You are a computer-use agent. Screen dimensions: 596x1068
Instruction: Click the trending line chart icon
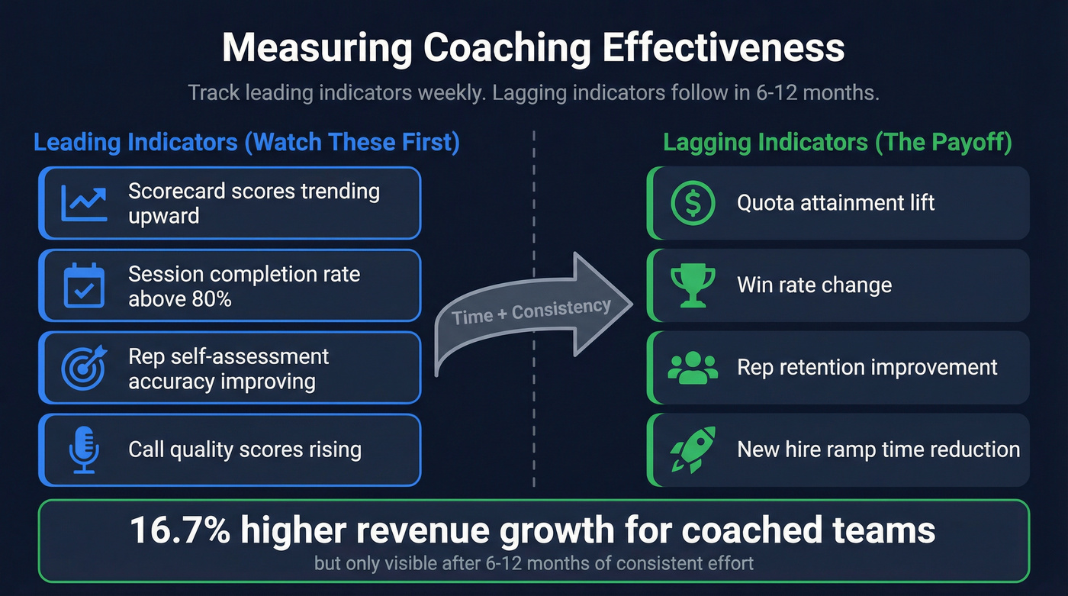[x=83, y=203]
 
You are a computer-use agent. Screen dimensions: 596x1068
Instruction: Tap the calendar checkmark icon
[x=83, y=285]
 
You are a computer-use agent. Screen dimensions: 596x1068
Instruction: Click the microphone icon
[x=83, y=449]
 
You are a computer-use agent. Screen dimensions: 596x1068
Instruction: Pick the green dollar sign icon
[x=693, y=203]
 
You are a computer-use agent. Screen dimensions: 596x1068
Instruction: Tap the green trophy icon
[x=693, y=285]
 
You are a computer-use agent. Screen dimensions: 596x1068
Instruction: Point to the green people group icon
[x=693, y=367]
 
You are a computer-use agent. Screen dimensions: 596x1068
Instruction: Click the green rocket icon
[x=691, y=449]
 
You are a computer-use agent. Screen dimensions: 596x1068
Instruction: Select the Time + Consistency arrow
[x=534, y=312]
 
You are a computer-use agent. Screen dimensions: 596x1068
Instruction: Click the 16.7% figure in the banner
[x=180, y=530]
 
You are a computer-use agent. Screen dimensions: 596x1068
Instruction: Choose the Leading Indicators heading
[x=246, y=143]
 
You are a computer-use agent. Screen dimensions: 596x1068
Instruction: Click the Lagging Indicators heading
[x=837, y=143]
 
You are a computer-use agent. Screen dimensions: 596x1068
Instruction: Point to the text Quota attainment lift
[x=835, y=203]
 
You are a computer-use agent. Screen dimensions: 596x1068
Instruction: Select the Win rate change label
[x=814, y=285]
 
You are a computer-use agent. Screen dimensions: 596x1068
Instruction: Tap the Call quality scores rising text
[x=244, y=449]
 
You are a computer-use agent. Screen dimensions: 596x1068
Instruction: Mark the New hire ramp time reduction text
[x=878, y=449]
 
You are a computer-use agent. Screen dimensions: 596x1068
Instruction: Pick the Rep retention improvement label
[x=867, y=367]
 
